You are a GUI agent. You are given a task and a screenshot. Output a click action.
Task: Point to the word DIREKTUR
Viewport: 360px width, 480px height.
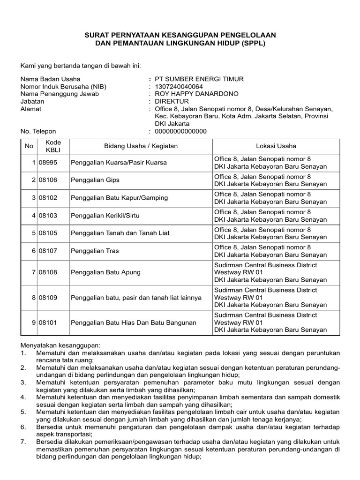coord(172,101)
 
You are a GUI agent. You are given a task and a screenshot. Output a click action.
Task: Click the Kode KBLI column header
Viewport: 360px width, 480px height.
coord(50,146)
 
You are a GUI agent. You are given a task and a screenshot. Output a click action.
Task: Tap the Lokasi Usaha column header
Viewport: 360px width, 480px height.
coord(276,146)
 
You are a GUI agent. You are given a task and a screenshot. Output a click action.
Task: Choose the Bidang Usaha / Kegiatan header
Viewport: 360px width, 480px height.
coord(141,146)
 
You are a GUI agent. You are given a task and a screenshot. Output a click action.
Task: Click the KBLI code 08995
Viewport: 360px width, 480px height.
coord(48,162)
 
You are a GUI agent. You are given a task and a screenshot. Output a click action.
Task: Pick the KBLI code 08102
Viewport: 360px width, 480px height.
coord(48,198)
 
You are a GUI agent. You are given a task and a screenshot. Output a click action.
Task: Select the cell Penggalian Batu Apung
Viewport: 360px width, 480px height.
coord(105,272)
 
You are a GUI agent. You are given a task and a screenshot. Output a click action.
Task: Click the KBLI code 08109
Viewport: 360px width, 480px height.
coord(48,298)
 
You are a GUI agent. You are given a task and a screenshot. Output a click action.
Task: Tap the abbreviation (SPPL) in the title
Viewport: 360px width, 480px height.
coord(252,43)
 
